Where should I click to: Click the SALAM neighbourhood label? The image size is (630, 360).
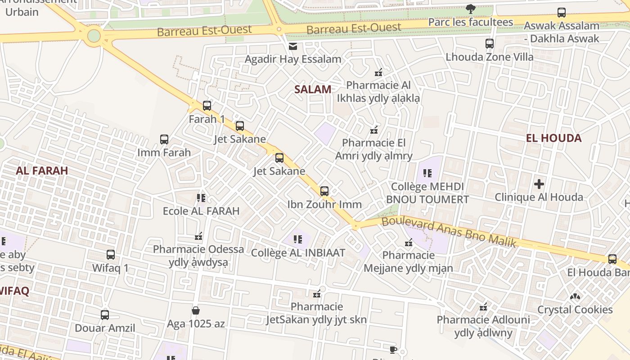(x=313, y=89)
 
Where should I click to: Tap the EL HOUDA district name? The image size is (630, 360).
(x=553, y=138)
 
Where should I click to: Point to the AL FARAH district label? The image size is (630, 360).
(x=42, y=171)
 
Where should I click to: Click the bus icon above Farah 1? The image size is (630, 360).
(x=207, y=106)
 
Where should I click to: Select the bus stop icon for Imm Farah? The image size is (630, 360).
(x=164, y=139)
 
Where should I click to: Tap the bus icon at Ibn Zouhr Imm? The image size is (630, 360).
(x=324, y=191)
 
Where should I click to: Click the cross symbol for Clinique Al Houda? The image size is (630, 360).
(x=539, y=184)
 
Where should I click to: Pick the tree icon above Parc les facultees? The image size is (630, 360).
(x=471, y=9)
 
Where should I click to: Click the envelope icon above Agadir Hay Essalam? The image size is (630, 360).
(x=293, y=46)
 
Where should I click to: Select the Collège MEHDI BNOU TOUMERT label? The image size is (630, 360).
(x=427, y=193)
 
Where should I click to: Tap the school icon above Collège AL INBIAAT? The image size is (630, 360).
(x=297, y=239)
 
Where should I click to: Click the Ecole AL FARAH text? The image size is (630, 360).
(x=201, y=211)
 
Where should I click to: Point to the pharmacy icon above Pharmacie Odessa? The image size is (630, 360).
(x=198, y=236)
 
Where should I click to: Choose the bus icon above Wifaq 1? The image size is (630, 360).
(x=111, y=255)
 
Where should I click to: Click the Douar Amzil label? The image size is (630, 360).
(x=105, y=328)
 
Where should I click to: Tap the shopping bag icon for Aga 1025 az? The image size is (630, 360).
(x=196, y=310)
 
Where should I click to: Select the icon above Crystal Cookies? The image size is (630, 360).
(x=575, y=297)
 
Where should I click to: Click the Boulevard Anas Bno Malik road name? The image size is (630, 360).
(x=448, y=231)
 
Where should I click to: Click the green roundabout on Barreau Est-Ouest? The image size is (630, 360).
(x=94, y=35)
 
